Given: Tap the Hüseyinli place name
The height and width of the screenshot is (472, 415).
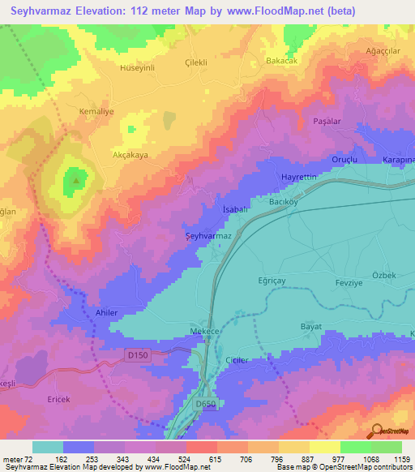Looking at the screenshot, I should coord(136,69).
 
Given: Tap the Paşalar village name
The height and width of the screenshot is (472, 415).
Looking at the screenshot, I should coord(328,121).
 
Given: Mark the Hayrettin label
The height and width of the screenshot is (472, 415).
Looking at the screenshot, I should coord(297,177).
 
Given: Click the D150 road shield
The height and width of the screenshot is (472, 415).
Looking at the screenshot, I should coord(139,354).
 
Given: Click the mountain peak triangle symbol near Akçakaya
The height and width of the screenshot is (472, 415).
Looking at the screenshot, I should coord(77,181).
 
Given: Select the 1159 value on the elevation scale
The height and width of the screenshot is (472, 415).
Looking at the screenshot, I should coord(400,459).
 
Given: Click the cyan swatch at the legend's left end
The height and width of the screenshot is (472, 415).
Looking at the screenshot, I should coord(47,447).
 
